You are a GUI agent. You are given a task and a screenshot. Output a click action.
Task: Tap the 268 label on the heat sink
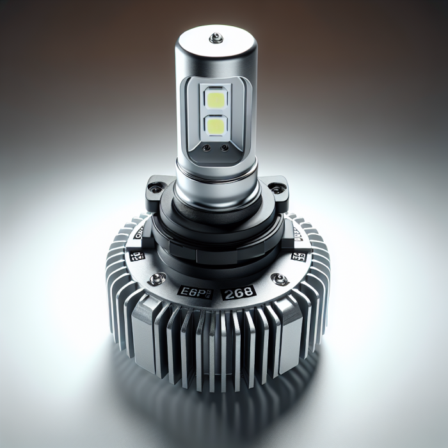238,292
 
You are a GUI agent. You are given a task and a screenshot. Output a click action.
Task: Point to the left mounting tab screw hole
153,188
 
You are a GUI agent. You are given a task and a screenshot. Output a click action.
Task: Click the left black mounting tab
160,189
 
